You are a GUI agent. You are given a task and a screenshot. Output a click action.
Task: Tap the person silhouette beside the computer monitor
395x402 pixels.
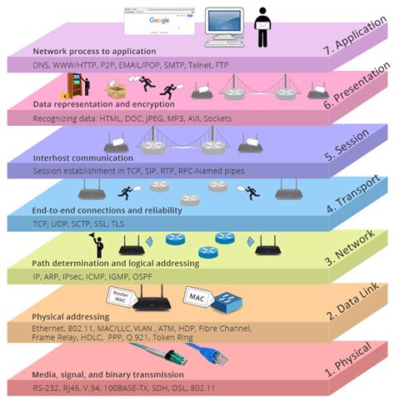coord(262,26)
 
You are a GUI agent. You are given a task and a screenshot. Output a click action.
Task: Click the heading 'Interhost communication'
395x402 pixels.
coord(82,157)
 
